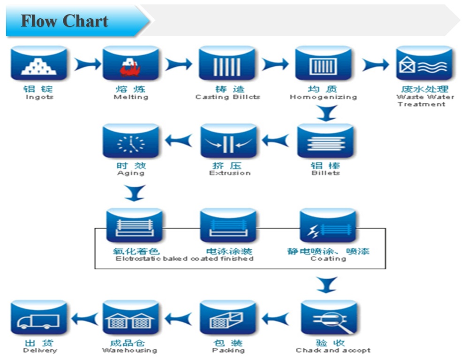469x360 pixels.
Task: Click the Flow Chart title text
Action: pyautogui.click(x=65, y=21)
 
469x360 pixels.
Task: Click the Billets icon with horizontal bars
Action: pyautogui.click(x=325, y=141)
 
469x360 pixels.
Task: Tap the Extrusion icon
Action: pyautogui.click(x=229, y=141)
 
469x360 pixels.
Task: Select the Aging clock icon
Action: pyautogui.click(x=131, y=141)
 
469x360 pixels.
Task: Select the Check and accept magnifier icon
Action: pyautogui.click(x=329, y=318)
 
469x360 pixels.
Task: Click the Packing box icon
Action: pyautogui.click(x=228, y=318)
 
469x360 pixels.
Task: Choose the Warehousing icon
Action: pyautogui.click(x=131, y=318)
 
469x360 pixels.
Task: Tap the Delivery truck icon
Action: pyautogui.click(x=39, y=318)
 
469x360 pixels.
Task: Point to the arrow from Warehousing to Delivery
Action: pyautogui.click(x=84, y=319)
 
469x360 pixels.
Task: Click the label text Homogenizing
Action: pyautogui.click(x=323, y=97)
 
